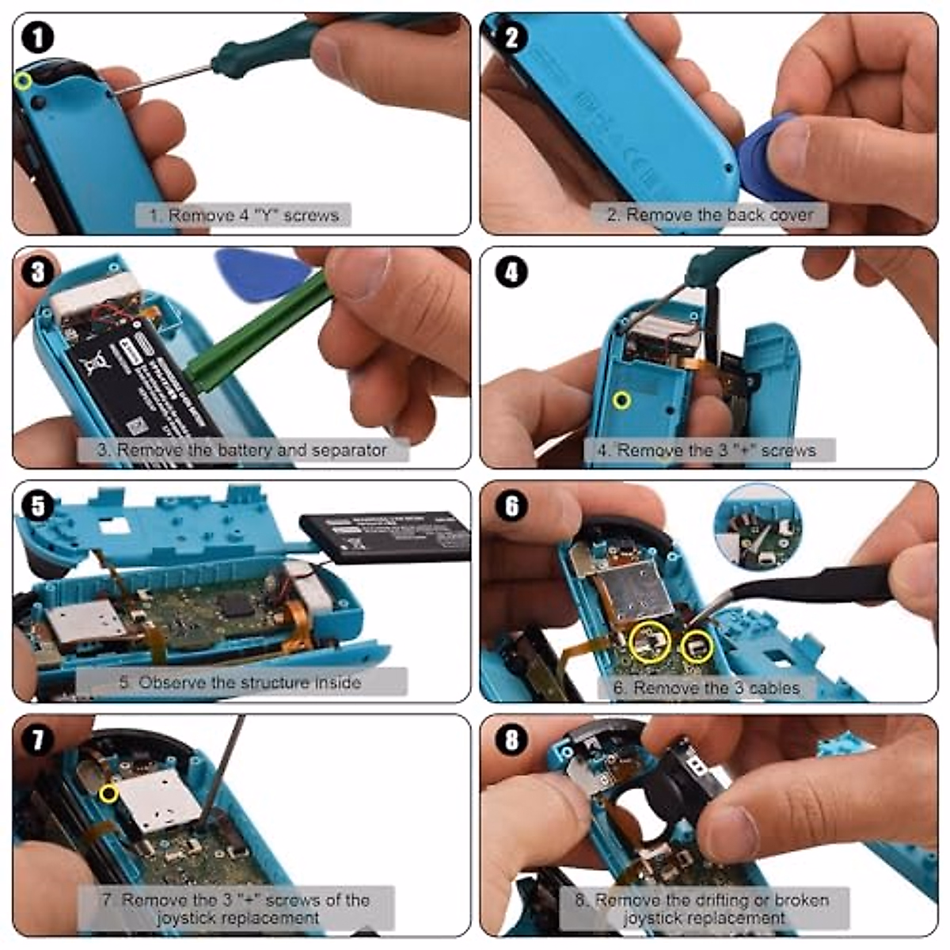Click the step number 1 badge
tap(36, 37)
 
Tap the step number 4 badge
tap(511, 272)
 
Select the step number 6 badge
tap(511, 506)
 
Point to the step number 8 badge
tap(511, 740)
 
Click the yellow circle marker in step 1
tap(23, 81)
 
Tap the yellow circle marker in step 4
tap(622, 400)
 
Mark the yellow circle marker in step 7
tap(108, 792)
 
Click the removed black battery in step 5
tap(384, 536)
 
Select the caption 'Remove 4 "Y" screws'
tap(243, 215)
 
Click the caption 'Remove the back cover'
tap(709, 215)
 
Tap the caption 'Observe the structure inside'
tap(241, 682)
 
